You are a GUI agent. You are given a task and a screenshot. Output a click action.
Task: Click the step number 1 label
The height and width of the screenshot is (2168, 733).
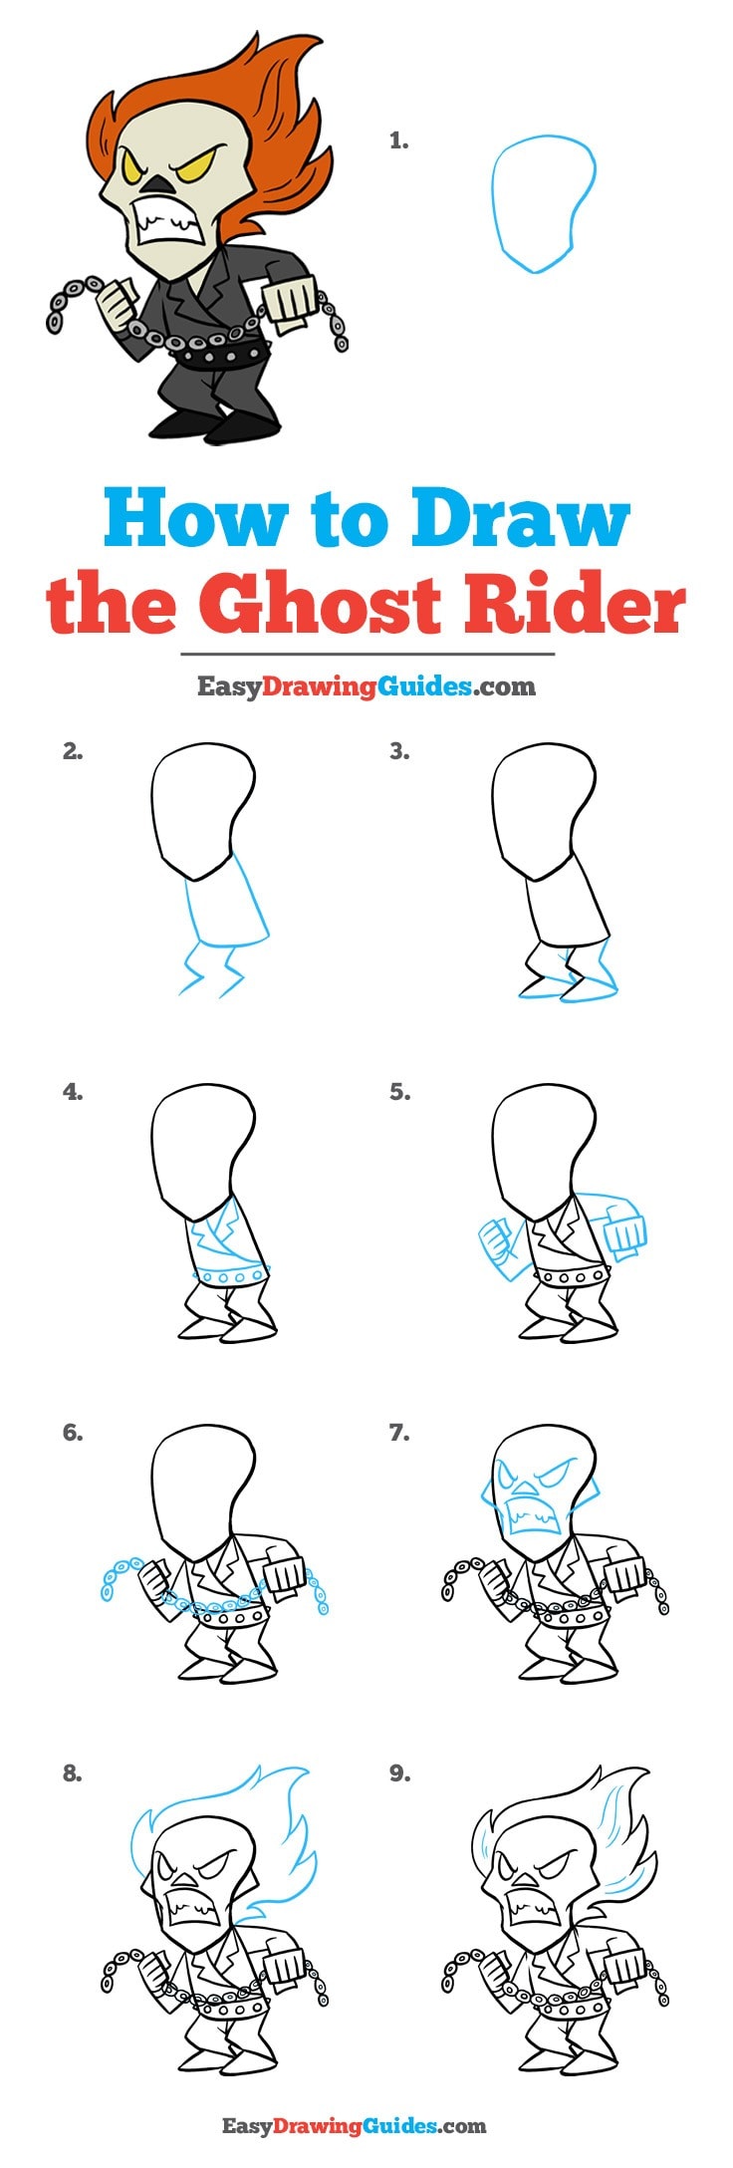click(x=398, y=141)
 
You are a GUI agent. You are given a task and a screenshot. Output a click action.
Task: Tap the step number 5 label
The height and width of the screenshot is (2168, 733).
click(x=399, y=1092)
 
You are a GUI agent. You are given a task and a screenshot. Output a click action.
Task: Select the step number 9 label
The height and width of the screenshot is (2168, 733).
click(x=399, y=1773)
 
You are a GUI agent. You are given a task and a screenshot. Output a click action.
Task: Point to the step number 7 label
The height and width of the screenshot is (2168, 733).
click(x=399, y=1433)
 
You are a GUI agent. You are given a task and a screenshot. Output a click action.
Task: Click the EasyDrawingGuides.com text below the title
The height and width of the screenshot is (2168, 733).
click(x=366, y=686)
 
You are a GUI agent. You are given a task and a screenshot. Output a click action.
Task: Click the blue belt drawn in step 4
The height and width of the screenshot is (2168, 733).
click(x=229, y=1275)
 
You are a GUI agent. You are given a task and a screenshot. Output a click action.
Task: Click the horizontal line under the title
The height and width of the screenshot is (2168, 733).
click(x=366, y=655)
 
